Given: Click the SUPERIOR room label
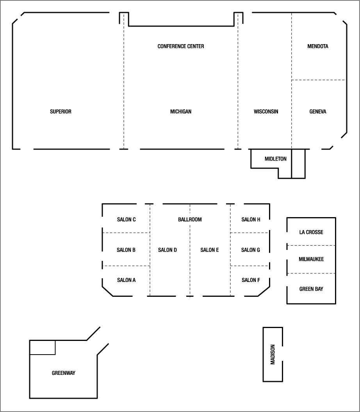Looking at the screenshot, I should pyautogui.click(x=61, y=112).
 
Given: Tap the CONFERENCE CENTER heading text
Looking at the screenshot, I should pyautogui.click(x=181, y=46).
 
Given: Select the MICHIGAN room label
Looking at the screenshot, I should pyautogui.click(x=181, y=112).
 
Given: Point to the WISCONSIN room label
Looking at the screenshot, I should pyautogui.click(x=266, y=112).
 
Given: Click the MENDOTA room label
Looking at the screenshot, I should pyautogui.click(x=318, y=46).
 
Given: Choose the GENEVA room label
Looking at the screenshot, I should pyautogui.click(x=317, y=112).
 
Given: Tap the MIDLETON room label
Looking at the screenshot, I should pyautogui.click(x=275, y=159).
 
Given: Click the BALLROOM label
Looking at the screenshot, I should pyautogui.click(x=190, y=219).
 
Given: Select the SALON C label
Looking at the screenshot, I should pyautogui.click(x=126, y=219).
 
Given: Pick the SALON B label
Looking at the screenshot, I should pyautogui.click(x=126, y=250).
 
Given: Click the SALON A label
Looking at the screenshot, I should pyautogui.click(x=126, y=280).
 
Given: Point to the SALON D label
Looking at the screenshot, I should pyautogui.click(x=168, y=250).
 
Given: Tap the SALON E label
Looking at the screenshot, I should pyautogui.click(x=210, y=250).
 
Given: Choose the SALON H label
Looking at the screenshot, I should pyautogui.click(x=251, y=219).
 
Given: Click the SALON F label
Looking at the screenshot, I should pyautogui.click(x=251, y=280).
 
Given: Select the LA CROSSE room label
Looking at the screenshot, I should pyautogui.click(x=311, y=232).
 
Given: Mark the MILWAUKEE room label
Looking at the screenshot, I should pyautogui.click(x=311, y=259).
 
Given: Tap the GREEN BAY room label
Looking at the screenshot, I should pyautogui.click(x=311, y=289).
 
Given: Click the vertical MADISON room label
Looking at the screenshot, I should pyautogui.click(x=273, y=354).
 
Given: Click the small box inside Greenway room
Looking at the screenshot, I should pyautogui.click(x=43, y=348).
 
